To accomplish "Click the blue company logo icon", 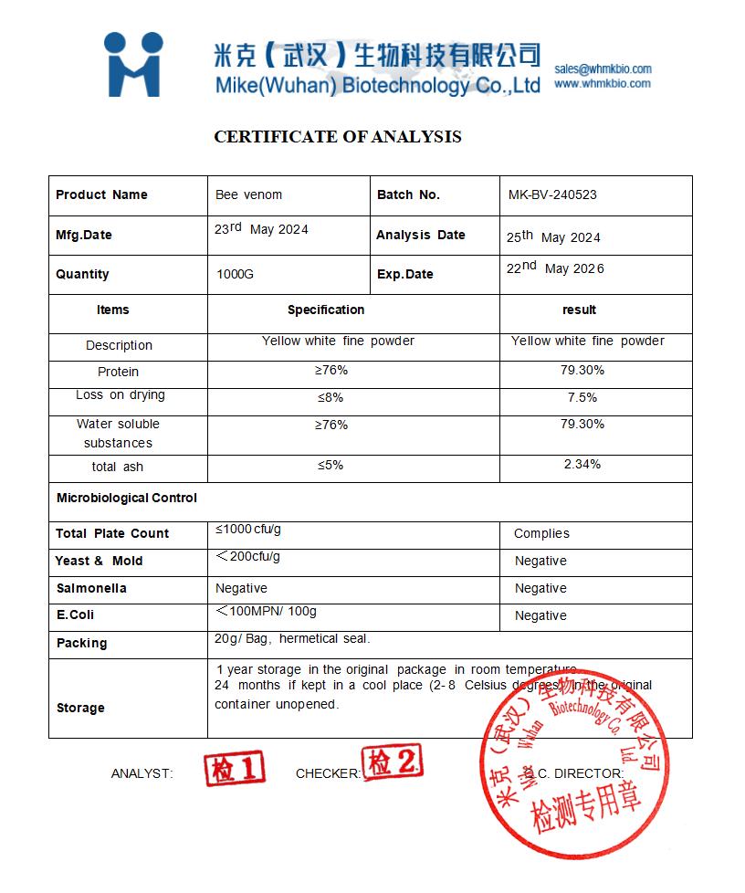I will (133, 64).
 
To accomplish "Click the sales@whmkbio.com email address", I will (603, 68).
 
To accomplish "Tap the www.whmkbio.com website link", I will (603, 83).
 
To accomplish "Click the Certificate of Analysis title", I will (338, 137).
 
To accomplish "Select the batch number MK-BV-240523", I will (552, 194).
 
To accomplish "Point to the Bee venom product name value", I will (248, 194).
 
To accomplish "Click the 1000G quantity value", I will (236, 274).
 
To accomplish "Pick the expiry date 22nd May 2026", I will (555, 268).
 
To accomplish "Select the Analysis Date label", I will (420, 235).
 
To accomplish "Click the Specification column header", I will (326, 310).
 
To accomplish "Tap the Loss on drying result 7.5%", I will (582, 397).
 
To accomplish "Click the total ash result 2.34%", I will (582, 464).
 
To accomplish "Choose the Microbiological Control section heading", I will (126, 498).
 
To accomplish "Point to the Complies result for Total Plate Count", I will (541, 533).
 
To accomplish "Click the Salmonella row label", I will (91, 588).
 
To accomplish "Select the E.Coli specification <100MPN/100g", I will (267, 611).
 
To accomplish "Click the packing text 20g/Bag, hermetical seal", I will (292, 638).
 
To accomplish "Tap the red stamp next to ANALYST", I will (234, 768).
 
